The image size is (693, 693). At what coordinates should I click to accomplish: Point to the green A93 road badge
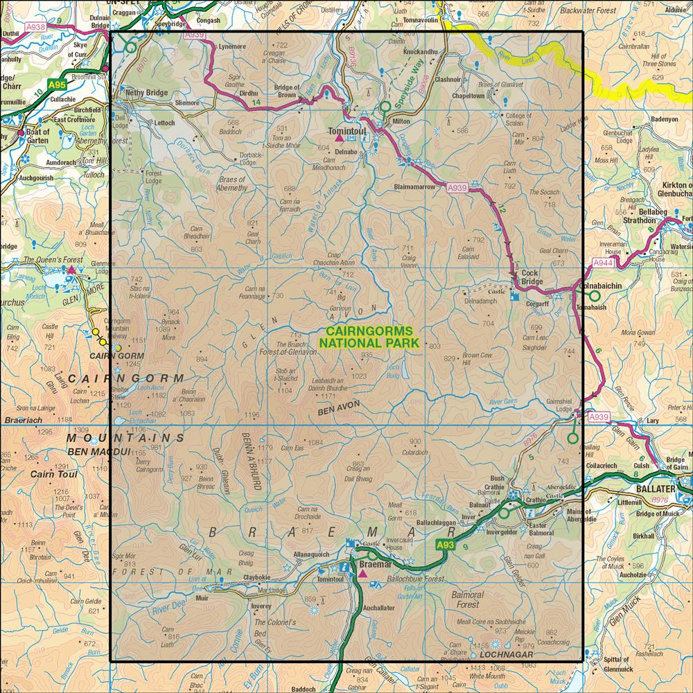click(446, 547)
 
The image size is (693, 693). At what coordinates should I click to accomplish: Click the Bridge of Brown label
click(287, 91)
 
